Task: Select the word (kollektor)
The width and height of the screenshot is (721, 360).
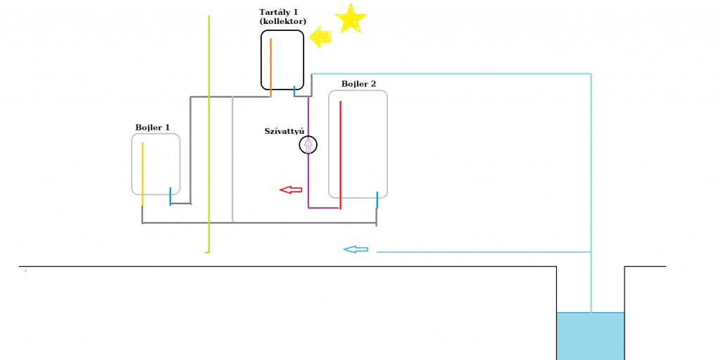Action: pos(282,22)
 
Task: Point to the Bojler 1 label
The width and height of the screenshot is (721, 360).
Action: pos(153,128)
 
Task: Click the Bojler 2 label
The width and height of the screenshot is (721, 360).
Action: pos(359,84)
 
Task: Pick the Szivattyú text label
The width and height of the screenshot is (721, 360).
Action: pos(284,131)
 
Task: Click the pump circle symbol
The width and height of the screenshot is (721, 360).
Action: pos(308,145)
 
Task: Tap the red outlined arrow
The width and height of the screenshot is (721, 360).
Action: pos(290,190)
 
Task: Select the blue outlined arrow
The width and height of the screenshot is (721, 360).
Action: pos(356,249)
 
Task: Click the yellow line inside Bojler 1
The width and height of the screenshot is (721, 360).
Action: pos(143,173)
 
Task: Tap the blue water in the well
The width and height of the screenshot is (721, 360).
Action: pos(590,336)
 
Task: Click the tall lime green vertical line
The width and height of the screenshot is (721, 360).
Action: pos(209,134)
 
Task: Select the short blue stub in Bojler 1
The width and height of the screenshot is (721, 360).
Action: pos(170,196)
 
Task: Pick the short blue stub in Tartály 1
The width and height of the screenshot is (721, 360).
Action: pos(294,89)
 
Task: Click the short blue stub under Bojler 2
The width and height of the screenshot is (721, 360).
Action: pos(377,200)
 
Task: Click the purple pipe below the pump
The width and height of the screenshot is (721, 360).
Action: pos(308,183)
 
